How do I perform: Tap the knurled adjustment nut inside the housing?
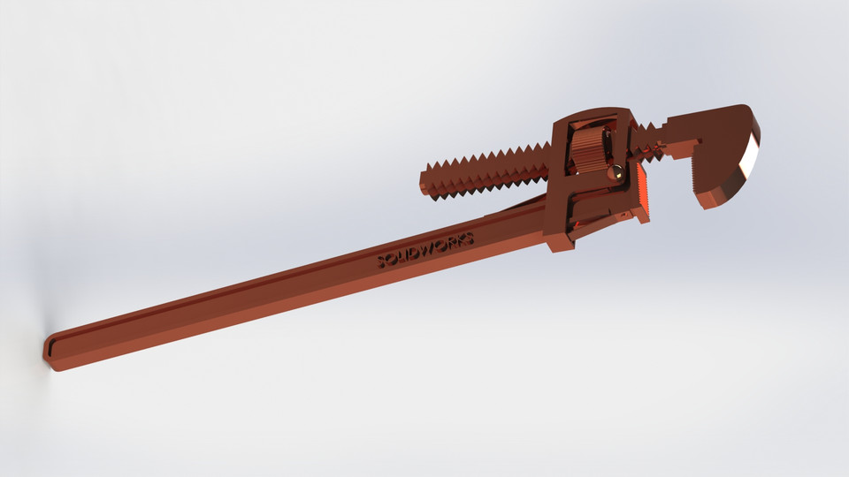point(587,151)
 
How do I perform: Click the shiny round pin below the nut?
point(611,172)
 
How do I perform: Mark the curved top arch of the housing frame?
point(591,116)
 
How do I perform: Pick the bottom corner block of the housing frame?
point(559,240)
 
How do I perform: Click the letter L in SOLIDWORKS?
point(403,256)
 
